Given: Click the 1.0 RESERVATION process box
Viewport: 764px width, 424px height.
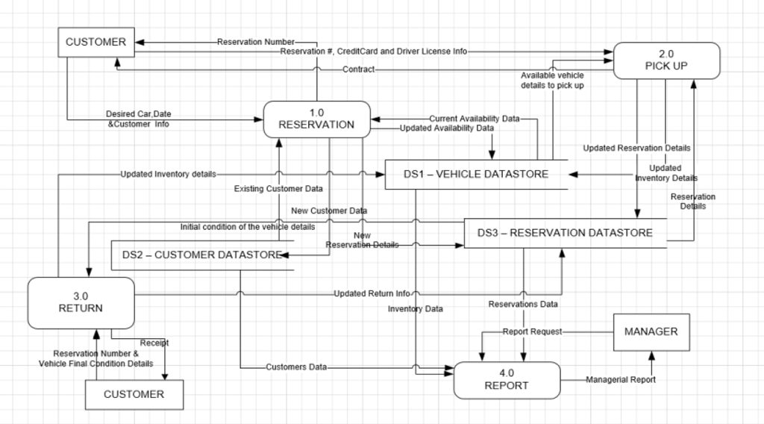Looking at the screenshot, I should [316, 119].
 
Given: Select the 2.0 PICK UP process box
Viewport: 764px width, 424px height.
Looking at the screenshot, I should [666, 60].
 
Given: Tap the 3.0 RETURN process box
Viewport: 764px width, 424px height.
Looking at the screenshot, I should [81, 302].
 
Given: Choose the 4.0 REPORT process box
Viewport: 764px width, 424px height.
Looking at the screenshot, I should [507, 380].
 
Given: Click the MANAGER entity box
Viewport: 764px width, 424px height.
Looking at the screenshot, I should [651, 331].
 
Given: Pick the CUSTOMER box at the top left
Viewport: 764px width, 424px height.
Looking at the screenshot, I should [95, 42].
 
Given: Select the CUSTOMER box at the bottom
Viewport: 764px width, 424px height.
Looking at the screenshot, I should [134, 394].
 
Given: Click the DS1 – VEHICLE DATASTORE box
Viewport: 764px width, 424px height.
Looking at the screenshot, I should [476, 174].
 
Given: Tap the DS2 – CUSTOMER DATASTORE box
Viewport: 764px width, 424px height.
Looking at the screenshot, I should [201, 255].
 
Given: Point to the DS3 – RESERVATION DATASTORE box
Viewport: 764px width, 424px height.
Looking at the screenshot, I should [565, 233].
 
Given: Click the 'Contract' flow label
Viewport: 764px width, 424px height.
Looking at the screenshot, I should [358, 69].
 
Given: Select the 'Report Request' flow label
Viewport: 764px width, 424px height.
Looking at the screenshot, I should [531, 331].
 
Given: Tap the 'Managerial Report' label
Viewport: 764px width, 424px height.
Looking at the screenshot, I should [621, 380].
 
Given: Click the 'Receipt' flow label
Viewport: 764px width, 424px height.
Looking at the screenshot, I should [154, 343].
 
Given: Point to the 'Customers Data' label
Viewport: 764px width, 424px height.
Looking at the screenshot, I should [296, 367].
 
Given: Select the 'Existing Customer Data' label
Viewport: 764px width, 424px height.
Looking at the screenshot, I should [278, 189].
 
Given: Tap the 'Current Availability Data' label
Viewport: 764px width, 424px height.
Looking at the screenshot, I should [474, 119].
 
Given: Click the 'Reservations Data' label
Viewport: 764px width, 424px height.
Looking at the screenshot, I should [523, 304].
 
